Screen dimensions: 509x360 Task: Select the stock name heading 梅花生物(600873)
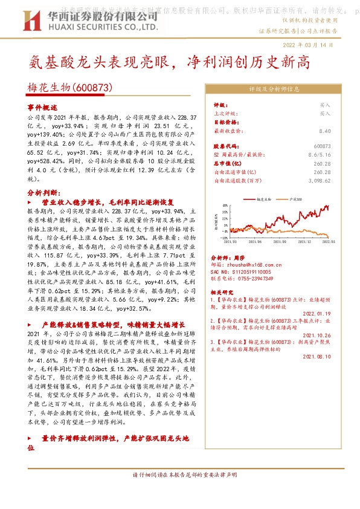(70, 88)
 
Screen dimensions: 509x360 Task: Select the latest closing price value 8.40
(324, 131)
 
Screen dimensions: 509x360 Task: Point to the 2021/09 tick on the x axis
(277, 241)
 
